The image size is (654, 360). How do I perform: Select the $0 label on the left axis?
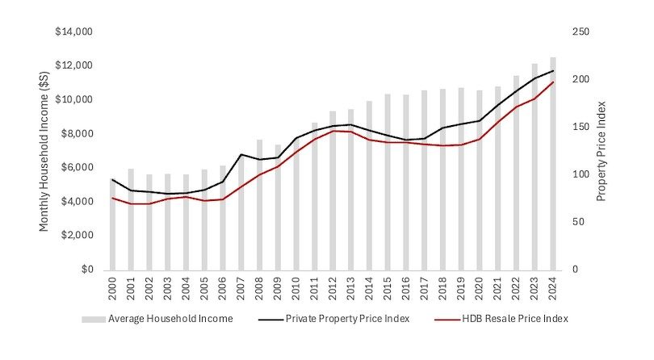tap(87, 270)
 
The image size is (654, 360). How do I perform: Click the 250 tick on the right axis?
tap(582, 32)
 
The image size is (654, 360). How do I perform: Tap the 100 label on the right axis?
tap(582, 174)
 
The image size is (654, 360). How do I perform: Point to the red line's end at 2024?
tap(553, 82)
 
